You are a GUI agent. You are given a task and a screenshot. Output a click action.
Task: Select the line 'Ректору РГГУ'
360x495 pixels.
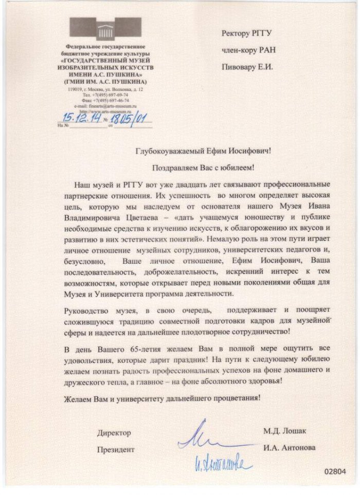pyautogui.click(x=246, y=33)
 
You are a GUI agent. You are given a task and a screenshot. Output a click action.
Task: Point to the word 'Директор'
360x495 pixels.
pyautogui.click(x=114, y=433)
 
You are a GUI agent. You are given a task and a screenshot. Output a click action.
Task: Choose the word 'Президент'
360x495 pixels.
pyautogui.click(x=116, y=449)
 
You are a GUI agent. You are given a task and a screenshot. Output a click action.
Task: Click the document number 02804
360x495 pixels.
pyautogui.click(x=335, y=471)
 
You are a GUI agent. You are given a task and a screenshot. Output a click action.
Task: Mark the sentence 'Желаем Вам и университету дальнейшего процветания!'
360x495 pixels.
pyautogui.click(x=162, y=397)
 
